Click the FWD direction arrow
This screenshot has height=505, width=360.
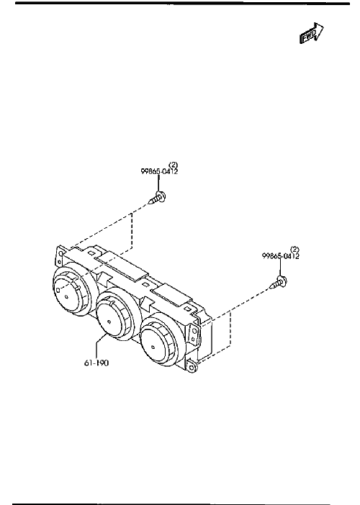pyautogui.click(x=312, y=33)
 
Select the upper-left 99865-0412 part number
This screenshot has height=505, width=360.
pyautogui.click(x=159, y=171)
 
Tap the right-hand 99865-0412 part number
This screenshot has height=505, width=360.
pyautogui.click(x=281, y=256)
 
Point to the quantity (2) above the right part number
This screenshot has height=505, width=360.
pyautogui.click(x=295, y=249)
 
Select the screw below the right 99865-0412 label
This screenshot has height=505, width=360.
pyautogui.click(x=279, y=283)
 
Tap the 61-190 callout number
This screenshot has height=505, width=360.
pyautogui.click(x=96, y=363)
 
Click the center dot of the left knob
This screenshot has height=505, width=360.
pyautogui.click(x=66, y=296)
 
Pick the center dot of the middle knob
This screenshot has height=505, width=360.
pyautogui.click(x=109, y=322)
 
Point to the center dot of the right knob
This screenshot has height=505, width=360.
pyautogui.click(x=153, y=347)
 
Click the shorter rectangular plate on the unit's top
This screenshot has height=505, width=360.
pyautogui.click(x=171, y=294)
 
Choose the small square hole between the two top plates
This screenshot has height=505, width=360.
pyautogui.click(x=146, y=284)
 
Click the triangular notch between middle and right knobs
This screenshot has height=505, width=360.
pyautogui.click(x=145, y=303)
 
